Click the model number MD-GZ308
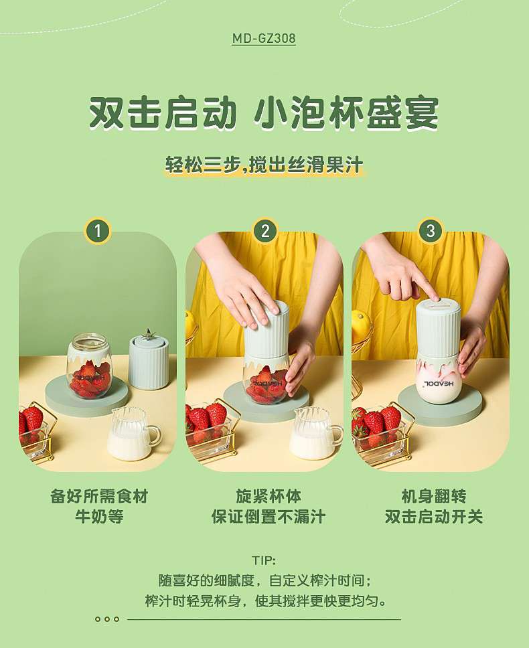point(264,38)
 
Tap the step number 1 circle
point(98,230)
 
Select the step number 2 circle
point(265,230)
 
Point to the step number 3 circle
point(431,230)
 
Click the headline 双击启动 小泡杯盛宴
point(264,113)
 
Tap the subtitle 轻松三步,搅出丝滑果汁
point(264,165)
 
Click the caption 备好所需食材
point(99,496)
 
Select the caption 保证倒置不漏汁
point(269,517)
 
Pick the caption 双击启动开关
point(434,517)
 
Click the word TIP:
point(264,560)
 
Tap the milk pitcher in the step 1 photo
point(134,432)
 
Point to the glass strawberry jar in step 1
point(89,366)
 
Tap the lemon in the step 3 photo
point(360,325)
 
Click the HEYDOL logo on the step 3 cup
point(436,384)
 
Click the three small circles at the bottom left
point(107,619)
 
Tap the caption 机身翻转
point(434,496)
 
